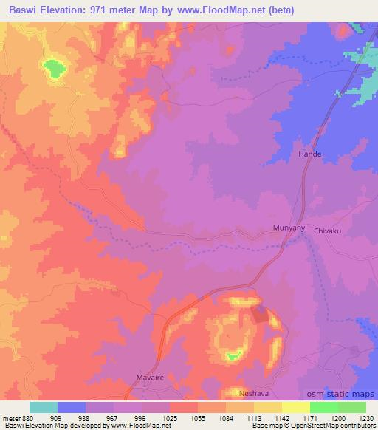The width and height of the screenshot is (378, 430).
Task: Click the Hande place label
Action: pyautogui.click(x=310, y=154)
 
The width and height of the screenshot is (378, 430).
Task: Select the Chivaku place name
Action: pyautogui.click(x=329, y=231)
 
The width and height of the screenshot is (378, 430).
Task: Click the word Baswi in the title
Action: pyautogui.click(x=24, y=10)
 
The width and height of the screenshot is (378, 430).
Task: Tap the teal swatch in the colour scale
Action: pyautogui.click(x=44, y=407)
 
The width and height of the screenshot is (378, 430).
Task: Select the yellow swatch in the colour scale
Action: pyautogui.click(x=295, y=407)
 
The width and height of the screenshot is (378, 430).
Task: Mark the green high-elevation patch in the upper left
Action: pyautogui.click(x=52, y=69)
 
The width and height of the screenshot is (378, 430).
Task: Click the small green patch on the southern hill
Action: pyautogui.click(x=233, y=356)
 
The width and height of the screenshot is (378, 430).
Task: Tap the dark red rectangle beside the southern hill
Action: pyautogui.click(x=260, y=314)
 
